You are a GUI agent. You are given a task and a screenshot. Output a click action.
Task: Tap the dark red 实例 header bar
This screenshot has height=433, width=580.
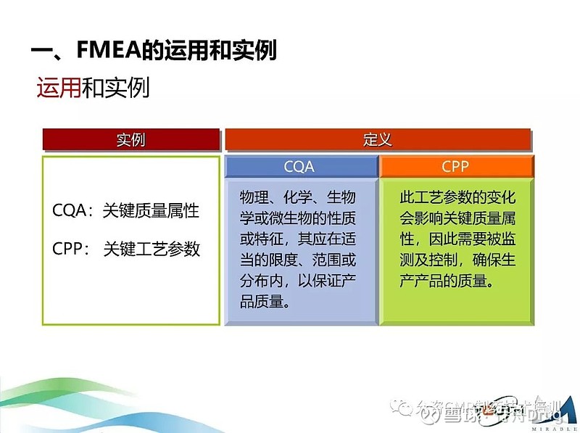[x=130, y=139]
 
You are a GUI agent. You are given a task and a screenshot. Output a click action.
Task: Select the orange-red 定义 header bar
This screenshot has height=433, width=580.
[x=377, y=139]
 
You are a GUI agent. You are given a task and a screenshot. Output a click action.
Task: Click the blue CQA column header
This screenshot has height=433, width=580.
[x=299, y=167]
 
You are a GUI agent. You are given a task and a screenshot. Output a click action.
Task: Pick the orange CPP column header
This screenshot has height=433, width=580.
[x=455, y=167]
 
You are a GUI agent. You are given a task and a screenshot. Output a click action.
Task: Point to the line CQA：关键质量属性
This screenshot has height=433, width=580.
[x=125, y=211]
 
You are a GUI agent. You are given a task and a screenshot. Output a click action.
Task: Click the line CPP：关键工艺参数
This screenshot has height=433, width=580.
[x=125, y=249]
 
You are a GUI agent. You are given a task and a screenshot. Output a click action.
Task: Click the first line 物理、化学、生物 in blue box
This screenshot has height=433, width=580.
[x=299, y=197]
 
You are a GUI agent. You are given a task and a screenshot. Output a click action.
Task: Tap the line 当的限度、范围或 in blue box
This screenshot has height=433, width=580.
[x=299, y=260]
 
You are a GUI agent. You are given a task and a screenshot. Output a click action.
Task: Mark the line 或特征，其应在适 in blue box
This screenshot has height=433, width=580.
[x=299, y=239]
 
